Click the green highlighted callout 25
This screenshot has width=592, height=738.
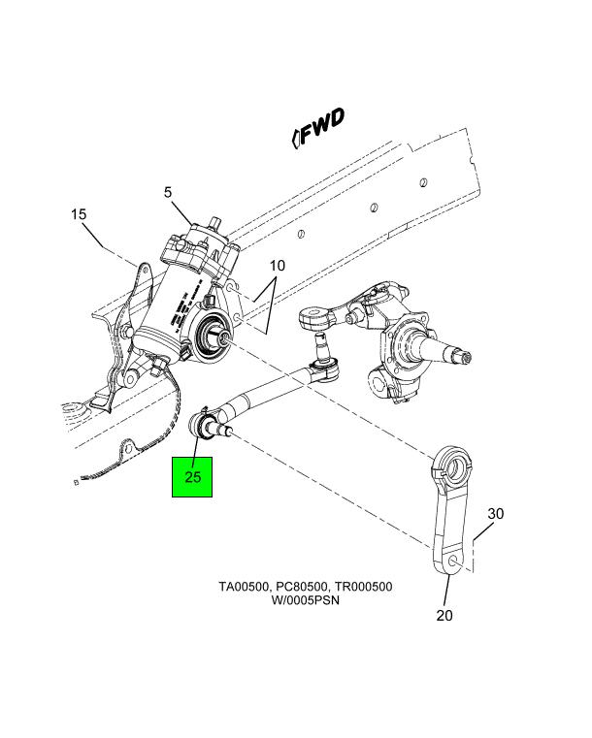click(192, 476)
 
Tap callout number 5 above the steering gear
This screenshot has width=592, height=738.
click(168, 193)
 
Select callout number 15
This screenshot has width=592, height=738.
click(79, 213)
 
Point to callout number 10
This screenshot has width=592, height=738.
click(278, 265)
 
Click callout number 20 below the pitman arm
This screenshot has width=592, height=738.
click(444, 615)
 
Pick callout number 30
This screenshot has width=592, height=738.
click(496, 513)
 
